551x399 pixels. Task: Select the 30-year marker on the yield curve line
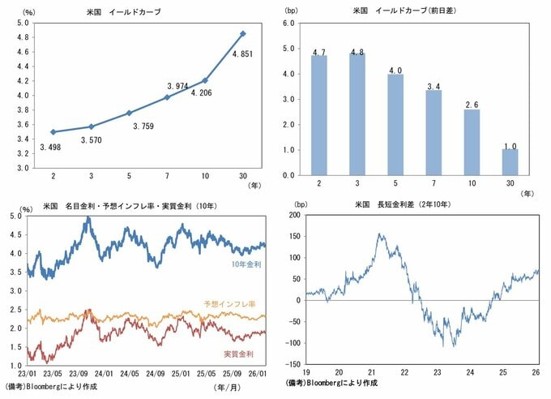(x=243, y=34)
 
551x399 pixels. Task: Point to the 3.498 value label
(x=53, y=147)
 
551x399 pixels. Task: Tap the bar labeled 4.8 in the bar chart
(x=357, y=114)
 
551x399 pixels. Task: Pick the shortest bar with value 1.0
(x=509, y=162)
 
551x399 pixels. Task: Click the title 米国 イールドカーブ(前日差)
(x=396, y=11)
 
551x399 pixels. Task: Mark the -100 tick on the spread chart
(x=293, y=342)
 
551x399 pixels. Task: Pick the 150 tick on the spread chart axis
(x=294, y=237)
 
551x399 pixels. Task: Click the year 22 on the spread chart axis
(x=405, y=373)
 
